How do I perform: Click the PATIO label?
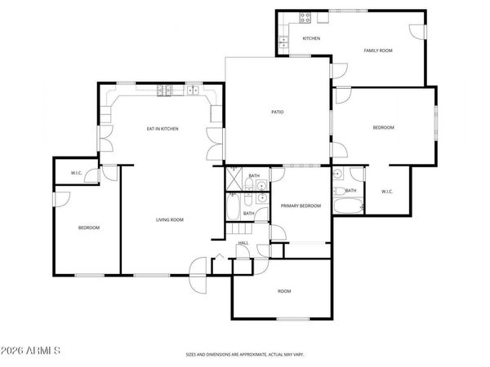click(277, 111)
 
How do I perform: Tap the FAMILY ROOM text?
click(378, 51)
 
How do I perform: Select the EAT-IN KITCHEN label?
click(163, 129)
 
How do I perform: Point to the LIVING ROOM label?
click(170, 219)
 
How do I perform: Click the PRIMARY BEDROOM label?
click(301, 206)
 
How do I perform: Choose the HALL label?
click(243, 243)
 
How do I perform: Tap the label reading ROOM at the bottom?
click(283, 291)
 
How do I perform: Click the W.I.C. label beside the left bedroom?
click(76, 173)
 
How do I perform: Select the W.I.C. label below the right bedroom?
click(387, 192)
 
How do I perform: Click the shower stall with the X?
click(233, 176)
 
